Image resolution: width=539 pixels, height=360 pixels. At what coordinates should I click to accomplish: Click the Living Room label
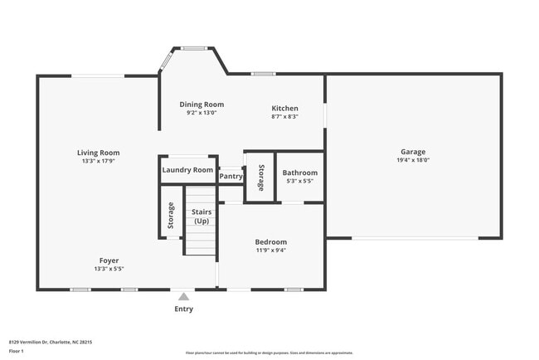(99, 153)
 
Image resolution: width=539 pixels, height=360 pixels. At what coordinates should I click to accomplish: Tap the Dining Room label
(202, 105)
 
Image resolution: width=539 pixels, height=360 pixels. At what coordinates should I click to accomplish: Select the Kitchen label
(284, 109)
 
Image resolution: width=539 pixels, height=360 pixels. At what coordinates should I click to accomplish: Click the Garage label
(413, 152)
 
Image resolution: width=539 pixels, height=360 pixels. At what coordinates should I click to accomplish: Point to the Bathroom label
(299, 173)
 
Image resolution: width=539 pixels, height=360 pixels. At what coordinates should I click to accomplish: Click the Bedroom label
(270, 242)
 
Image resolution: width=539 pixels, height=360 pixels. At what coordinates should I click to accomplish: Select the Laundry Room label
(187, 170)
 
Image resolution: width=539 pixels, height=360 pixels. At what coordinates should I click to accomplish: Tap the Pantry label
(231, 177)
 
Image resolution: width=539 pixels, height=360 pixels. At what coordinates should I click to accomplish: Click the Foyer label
(109, 260)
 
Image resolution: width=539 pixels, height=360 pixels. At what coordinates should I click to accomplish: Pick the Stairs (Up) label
(202, 216)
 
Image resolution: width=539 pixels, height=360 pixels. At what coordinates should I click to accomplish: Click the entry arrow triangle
(183, 294)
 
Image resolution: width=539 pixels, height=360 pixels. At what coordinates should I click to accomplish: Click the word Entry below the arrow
(183, 309)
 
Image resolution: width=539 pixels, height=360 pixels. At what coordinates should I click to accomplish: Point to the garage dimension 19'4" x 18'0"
(413, 161)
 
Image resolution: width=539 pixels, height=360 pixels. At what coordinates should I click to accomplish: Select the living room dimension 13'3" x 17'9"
(99, 162)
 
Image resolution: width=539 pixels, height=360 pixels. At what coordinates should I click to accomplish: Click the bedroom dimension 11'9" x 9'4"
(270, 251)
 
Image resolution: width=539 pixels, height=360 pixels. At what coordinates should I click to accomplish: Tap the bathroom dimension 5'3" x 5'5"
(299, 181)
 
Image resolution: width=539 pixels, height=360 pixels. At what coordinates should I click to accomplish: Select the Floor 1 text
(16, 351)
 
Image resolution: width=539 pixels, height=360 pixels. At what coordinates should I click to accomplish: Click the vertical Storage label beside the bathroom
(260, 178)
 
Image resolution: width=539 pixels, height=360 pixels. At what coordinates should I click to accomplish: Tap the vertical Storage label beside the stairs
(171, 216)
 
